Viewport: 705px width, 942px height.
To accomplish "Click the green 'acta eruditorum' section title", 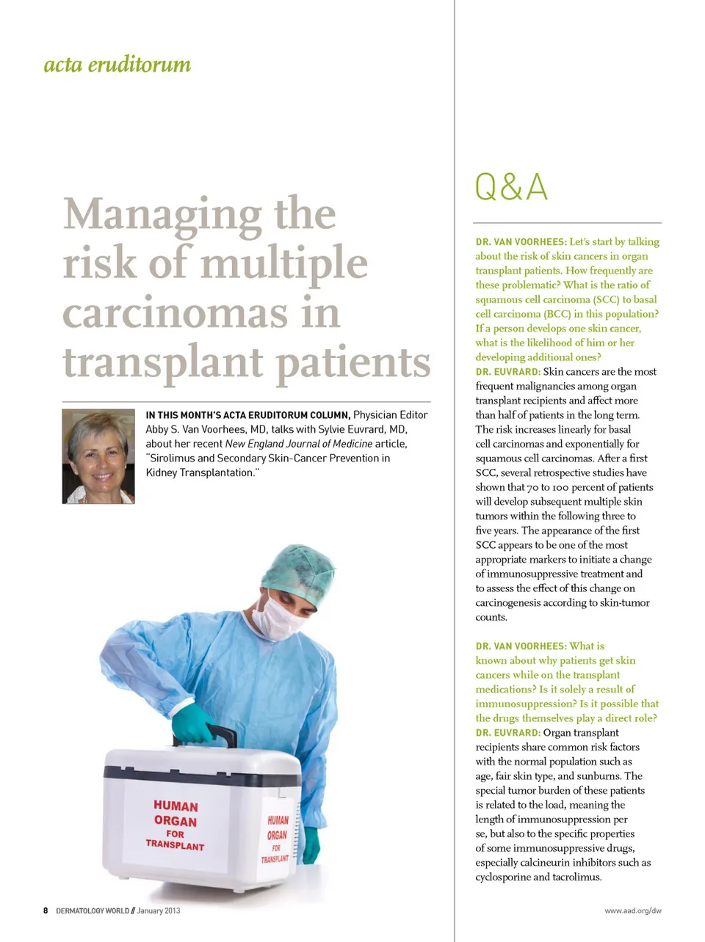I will (x=117, y=65).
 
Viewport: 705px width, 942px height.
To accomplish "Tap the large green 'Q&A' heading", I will (x=511, y=187).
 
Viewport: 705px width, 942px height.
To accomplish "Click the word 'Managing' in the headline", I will (x=162, y=214).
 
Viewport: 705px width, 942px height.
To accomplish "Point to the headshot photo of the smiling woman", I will (x=98, y=456).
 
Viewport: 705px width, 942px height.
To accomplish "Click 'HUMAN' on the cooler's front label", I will (x=176, y=806).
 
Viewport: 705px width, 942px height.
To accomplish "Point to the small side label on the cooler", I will (x=277, y=838).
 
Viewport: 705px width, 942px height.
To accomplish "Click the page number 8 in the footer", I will (x=46, y=910).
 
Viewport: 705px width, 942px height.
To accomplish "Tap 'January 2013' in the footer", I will (x=159, y=910).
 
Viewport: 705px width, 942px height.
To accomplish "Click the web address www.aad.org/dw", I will (x=632, y=910).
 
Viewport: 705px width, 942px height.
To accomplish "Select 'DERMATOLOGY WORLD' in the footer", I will (x=93, y=910).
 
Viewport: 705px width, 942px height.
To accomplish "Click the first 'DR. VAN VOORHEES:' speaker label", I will (x=521, y=242).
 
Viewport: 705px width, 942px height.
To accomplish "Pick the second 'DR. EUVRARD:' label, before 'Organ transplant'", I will (x=507, y=733).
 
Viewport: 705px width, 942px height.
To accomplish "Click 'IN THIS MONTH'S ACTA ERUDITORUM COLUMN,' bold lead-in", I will (x=247, y=415).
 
